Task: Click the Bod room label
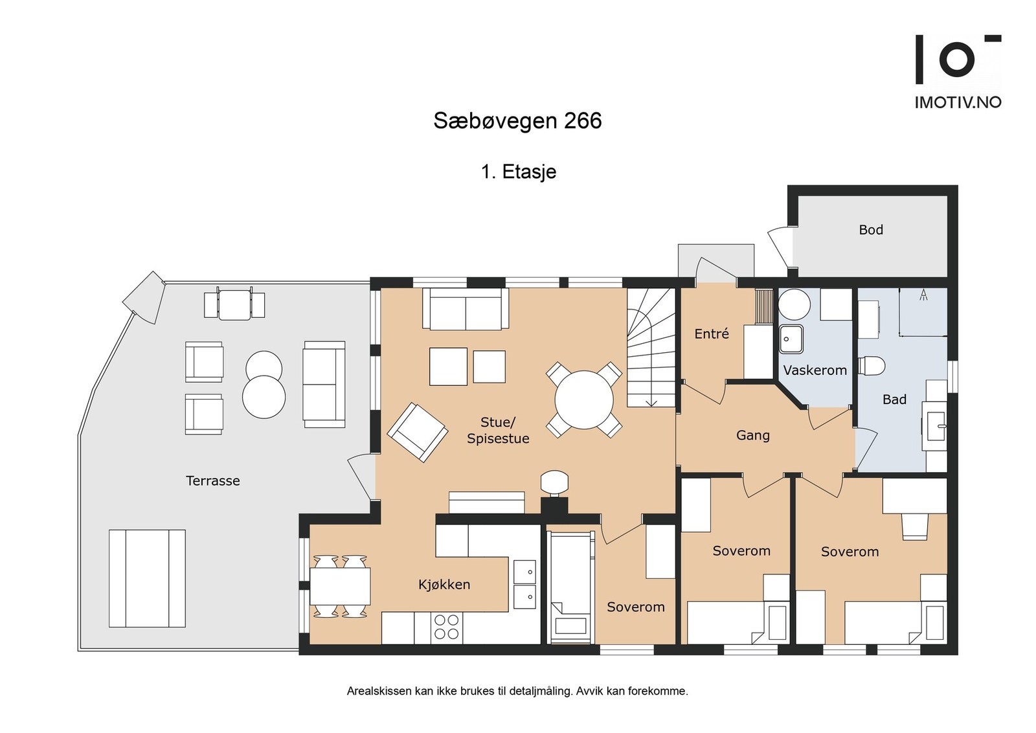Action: tap(870, 230)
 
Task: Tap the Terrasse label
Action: tap(212, 480)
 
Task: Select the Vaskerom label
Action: tap(815, 370)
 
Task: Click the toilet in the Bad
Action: tap(872, 366)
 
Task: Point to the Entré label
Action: tap(711, 333)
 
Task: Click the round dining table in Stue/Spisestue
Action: tap(584, 400)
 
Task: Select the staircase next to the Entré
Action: tap(650, 348)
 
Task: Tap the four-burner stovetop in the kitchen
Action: tap(447, 627)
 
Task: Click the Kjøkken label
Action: tap(444, 584)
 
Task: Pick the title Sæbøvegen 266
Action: tap(517, 121)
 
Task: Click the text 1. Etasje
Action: tap(518, 172)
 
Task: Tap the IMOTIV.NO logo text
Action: tap(957, 102)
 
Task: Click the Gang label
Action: tap(752, 435)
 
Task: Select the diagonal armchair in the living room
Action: tap(418, 432)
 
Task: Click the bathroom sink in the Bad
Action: tap(936, 426)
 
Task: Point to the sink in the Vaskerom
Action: tap(791, 339)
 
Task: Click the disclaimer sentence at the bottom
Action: tap(517, 691)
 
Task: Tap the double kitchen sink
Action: tap(524, 584)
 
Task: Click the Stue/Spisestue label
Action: tap(497, 430)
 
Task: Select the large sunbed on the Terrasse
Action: tap(147, 578)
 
